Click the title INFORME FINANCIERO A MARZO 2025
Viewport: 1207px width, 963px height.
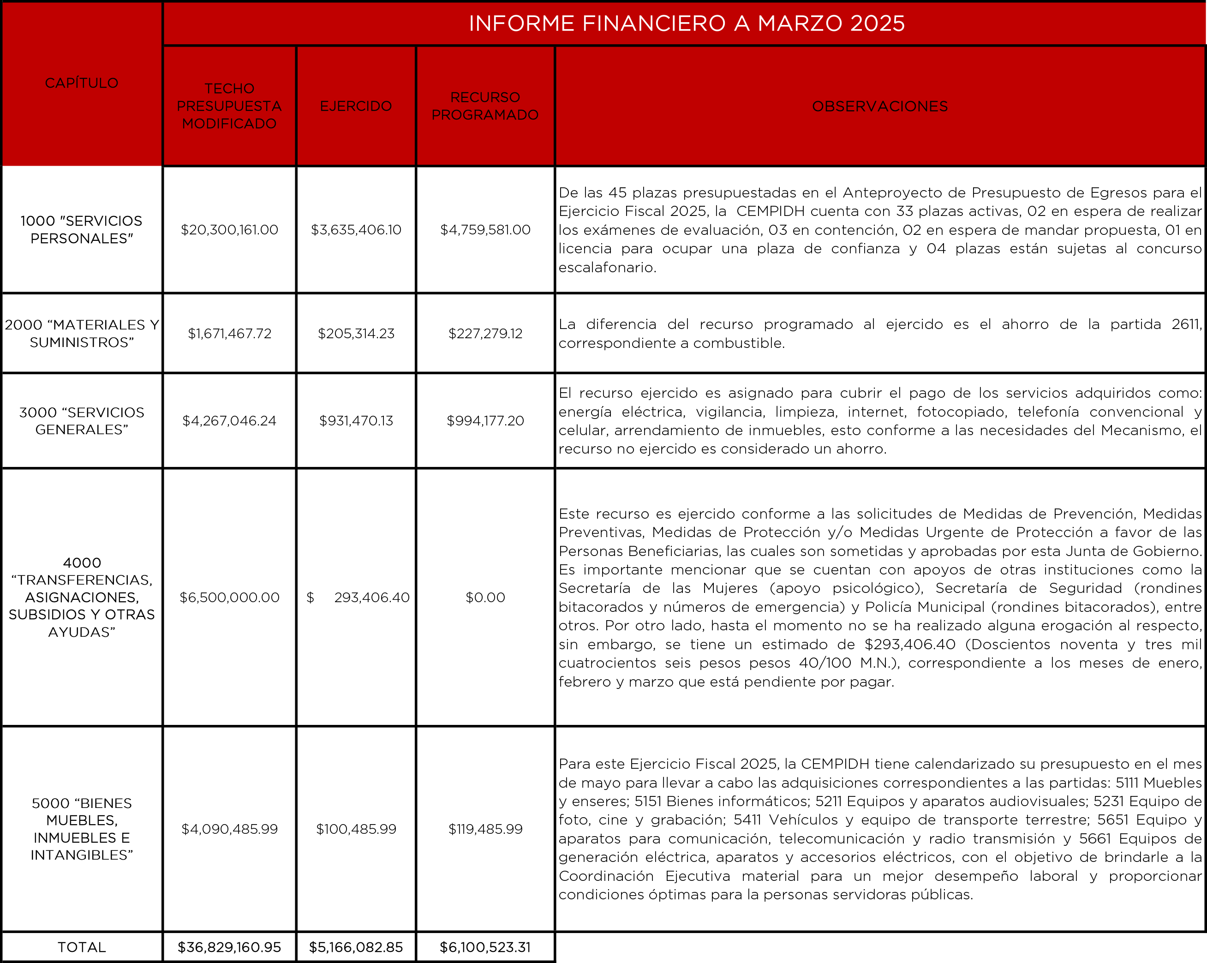687,24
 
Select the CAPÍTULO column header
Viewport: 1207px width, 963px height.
82,83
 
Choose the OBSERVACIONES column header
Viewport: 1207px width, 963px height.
880,107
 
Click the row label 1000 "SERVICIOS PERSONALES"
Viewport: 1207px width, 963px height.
82,229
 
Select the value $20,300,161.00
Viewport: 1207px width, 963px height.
229,229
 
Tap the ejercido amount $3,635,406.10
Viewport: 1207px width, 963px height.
356,229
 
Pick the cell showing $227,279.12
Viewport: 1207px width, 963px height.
485,334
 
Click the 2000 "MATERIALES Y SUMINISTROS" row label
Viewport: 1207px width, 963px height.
82,333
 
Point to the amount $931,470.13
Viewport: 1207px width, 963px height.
356,420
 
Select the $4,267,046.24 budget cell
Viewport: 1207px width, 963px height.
229,420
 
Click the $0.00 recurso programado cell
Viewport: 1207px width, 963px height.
485,598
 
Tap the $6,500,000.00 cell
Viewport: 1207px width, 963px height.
229,598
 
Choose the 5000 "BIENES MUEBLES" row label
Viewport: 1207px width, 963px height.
82,829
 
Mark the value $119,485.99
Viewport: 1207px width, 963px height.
485,829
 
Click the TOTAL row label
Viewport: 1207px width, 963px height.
82,947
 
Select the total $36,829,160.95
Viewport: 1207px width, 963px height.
229,947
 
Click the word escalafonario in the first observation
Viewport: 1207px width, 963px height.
607,268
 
